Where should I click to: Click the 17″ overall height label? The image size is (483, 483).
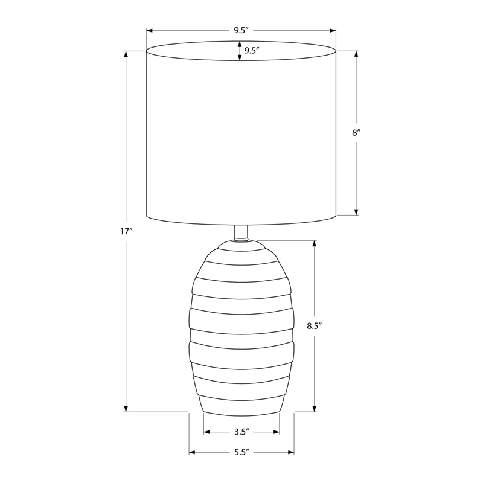pyautogui.click(x=126, y=231)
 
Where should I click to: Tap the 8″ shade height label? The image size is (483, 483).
pyautogui.click(x=356, y=133)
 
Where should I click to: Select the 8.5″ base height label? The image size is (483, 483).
pyautogui.click(x=314, y=326)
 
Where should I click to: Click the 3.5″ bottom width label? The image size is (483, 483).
pyautogui.click(x=241, y=432)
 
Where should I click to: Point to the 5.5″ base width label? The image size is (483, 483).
pyautogui.click(x=241, y=452)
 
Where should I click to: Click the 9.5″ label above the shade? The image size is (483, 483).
pyautogui.click(x=241, y=30)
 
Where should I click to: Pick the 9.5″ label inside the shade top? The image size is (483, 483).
pyautogui.click(x=252, y=51)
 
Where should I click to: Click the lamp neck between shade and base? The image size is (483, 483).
pyautogui.click(x=241, y=232)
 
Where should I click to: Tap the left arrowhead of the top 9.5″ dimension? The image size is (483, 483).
pyautogui.click(x=149, y=31)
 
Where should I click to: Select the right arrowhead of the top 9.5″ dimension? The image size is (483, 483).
pyautogui.click(x=333, y=31)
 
